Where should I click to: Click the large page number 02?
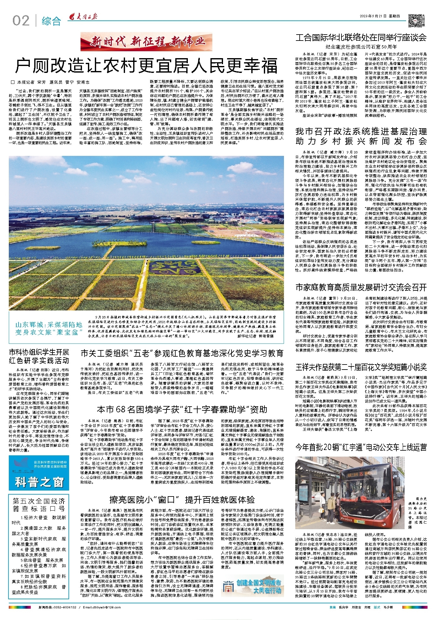pos(21,21)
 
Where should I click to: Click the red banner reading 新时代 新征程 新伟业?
pos(146,41)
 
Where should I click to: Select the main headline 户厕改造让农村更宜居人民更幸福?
pos(146,66)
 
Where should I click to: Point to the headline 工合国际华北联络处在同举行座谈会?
pos(361,38)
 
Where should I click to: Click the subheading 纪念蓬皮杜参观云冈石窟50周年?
pos(361,47)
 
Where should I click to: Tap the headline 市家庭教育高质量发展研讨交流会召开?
pos(361,288)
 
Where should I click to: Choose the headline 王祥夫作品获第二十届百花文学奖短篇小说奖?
pos(361,367)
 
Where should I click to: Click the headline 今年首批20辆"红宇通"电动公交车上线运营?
pos(361,447)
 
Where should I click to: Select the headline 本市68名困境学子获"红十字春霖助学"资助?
pos(182,409)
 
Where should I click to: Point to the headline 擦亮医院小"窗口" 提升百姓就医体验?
pos(182,500)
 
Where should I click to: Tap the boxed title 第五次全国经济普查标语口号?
pos(39,504)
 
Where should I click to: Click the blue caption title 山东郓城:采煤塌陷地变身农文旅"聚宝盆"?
pos(49,328)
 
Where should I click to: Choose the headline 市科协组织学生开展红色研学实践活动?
pos(39,357)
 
